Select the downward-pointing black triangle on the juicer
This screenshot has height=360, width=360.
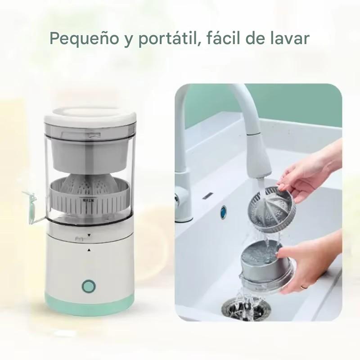point(89,235)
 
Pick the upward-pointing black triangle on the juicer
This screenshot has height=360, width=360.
point(89,249)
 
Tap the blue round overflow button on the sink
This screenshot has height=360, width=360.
point(224,210)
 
